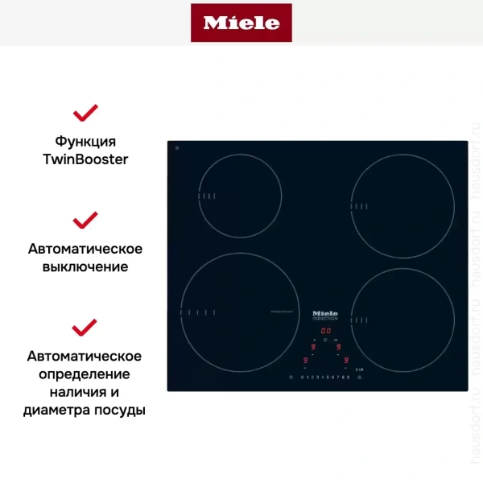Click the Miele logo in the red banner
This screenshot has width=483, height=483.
coord(242,23)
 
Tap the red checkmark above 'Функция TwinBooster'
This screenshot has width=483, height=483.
coord(85,111)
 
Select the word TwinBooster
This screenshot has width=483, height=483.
coord(85,159)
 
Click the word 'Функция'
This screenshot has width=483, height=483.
coord(85,142)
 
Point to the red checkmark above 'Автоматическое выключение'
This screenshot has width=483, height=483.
coord(85,220)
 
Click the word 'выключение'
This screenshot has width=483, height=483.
coord(85,266)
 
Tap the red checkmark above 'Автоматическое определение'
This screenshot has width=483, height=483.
coord(85,327)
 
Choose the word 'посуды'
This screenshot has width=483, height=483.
coord(120,410)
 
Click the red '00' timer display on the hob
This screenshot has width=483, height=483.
coord(326,331)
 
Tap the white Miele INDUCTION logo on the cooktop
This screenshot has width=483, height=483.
coord(325,315)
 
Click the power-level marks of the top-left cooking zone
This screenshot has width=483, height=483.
coord(207,196)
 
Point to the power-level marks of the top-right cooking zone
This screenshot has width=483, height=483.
coord(359,205)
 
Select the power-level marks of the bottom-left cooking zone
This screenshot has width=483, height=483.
coord(197,312)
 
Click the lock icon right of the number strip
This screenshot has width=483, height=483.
coord(360,377)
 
